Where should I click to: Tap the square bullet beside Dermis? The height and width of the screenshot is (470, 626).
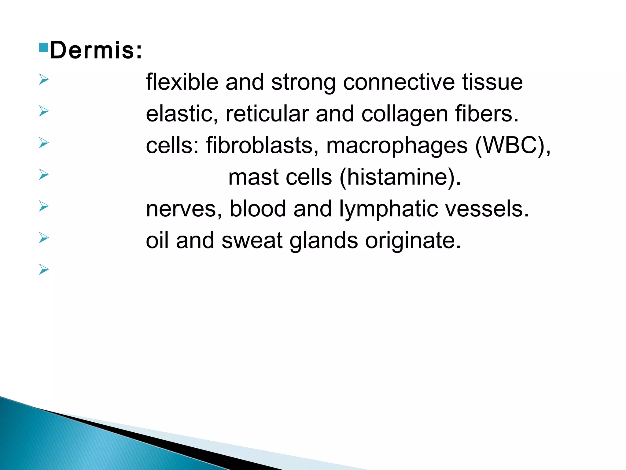[44, 47]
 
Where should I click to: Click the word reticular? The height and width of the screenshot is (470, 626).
[267, 114]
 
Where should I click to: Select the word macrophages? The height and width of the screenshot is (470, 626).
[397, 146]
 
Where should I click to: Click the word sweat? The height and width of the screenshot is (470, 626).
[252, 241]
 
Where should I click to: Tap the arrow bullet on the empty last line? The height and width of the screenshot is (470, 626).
[44, 270]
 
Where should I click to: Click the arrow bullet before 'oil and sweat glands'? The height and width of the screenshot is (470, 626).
[44, 238]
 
